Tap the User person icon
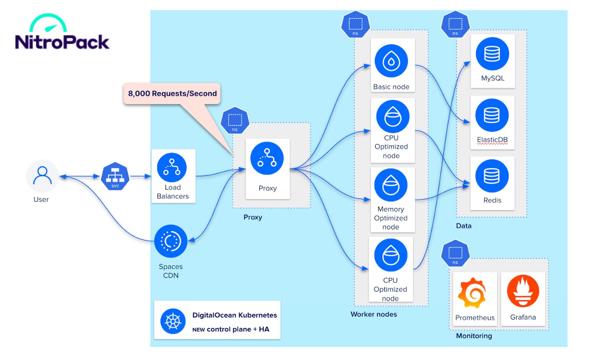42,176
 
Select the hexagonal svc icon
115,177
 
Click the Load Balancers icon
172,168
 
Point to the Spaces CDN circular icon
171,241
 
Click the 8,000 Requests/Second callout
172,94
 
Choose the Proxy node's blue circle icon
267,159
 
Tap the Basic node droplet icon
391,61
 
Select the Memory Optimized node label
391,218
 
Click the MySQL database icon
492,54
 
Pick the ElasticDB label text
492,140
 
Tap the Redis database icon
492,176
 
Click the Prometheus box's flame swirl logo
472,293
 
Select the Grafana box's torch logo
523,291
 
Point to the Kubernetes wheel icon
173,321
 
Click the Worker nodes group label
374,314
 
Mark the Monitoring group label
474,336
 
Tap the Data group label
464,226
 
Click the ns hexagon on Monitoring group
455,253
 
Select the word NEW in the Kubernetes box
198,330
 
